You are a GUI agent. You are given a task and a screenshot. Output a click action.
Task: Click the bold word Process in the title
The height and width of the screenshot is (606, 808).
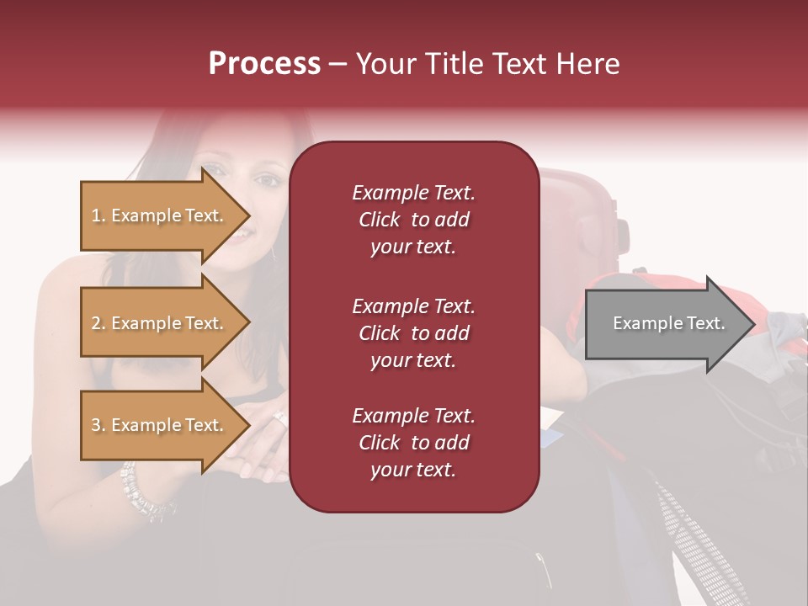[x=264, y=64]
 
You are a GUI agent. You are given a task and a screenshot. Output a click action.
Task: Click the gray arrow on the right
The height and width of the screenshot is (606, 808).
[x=665, y=323]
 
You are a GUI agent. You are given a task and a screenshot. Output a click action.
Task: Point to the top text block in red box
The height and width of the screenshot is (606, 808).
[x=413, y=220]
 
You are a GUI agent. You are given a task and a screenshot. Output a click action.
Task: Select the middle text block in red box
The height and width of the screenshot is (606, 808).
[x=413, y=333]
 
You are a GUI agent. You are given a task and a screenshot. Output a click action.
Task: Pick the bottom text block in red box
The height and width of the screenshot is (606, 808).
[x=413, y=443]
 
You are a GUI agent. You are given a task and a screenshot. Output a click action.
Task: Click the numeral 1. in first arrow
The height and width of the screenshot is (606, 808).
[x=98, y=215]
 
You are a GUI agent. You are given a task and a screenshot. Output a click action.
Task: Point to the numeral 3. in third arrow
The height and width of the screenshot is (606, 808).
[x=98, y=425]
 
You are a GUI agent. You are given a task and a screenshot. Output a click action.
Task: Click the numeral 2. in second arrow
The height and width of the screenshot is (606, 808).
[x=98, y=323]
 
